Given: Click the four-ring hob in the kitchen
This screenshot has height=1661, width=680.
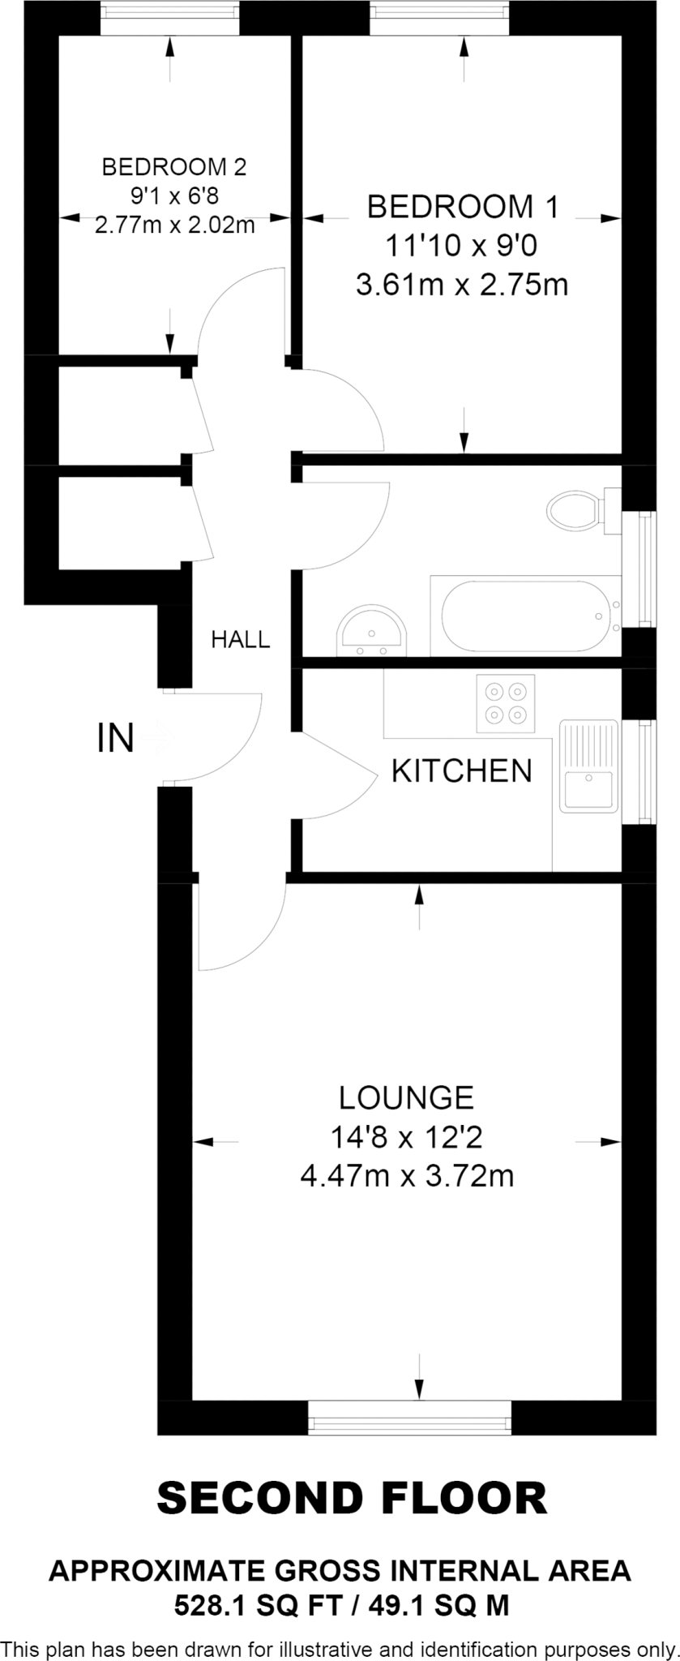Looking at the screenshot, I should tap(506, 703).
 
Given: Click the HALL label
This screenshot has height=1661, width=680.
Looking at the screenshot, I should tap(241, 640).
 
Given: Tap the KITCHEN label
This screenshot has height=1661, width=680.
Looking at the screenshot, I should tap(461, 770).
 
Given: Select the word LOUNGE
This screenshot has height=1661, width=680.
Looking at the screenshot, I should tap(406, 1097).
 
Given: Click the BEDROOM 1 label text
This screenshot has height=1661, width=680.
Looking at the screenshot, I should tap(462, 207).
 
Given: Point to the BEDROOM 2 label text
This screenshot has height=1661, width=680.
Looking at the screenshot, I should tap(173, 167).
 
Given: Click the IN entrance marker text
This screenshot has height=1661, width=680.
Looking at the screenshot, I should tap(115, 738).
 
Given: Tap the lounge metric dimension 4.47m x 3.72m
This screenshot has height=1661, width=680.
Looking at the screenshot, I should tap(407, 1175).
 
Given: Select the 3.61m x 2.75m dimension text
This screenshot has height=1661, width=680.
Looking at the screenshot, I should tap(462, 285).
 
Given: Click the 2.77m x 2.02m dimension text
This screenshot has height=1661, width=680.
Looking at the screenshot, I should tap(174, 225).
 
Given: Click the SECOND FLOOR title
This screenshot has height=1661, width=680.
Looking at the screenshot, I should tap(352, 1498).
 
